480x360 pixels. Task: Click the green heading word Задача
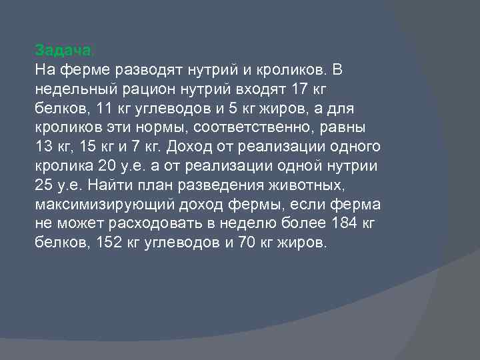pyautogui.click(x=64, y=50)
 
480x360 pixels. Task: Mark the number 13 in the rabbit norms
pyautogui.click(x=43, y=147)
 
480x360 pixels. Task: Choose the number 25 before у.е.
pyautogui.click(x=43, y=185)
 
